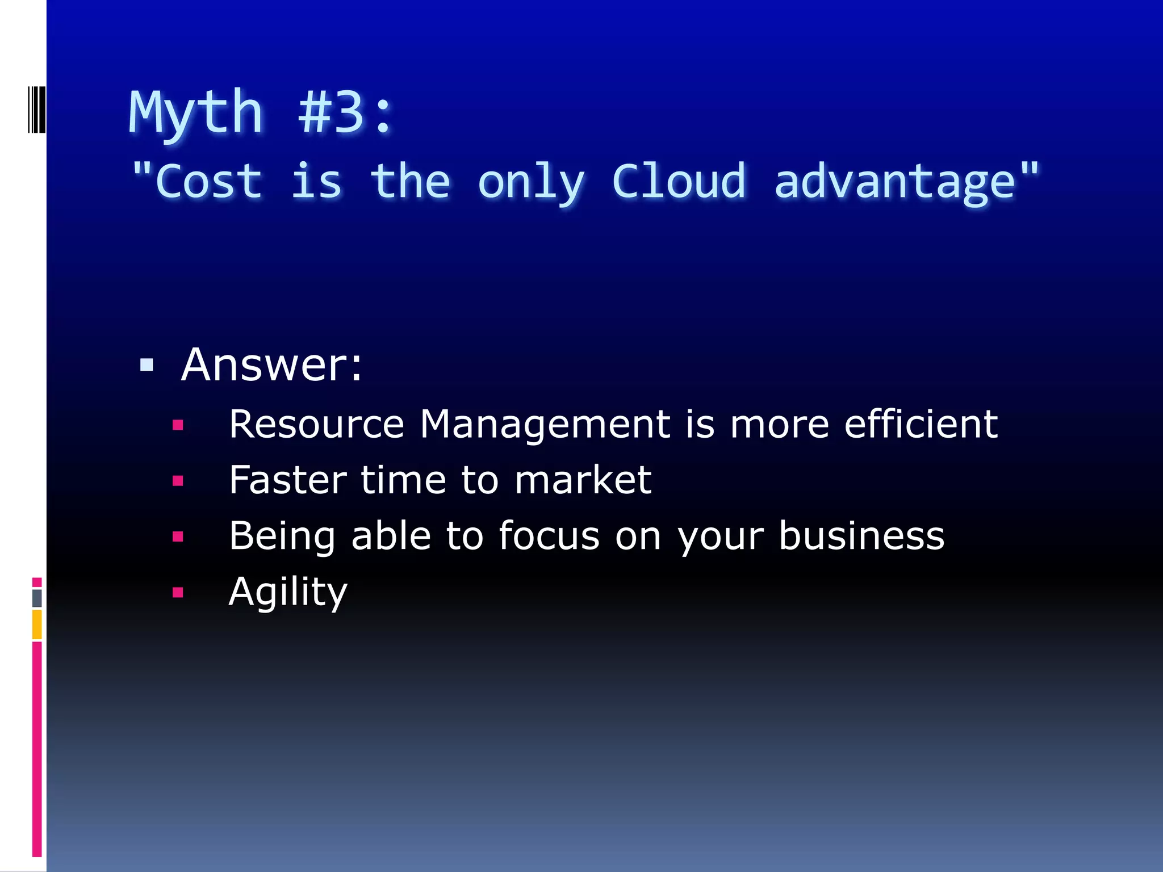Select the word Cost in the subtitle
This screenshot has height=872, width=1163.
(x=208, y=182)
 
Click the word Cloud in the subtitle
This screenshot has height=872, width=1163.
(x=679, y=182)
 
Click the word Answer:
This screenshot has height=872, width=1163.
(x=271, y=364)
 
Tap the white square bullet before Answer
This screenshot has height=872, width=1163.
(x=147, y=364)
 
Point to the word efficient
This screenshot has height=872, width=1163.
(x=921, y=424)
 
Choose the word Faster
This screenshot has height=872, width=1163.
(x=287, y=480)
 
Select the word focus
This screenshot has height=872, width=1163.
(x=549, y=536)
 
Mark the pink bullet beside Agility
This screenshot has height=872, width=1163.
(x=178, y=593)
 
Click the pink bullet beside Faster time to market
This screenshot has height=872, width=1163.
(x=178, y=481)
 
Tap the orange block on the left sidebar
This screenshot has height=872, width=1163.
(x=37, y=624)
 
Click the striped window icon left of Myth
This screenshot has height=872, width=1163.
(x=37, y=110)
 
